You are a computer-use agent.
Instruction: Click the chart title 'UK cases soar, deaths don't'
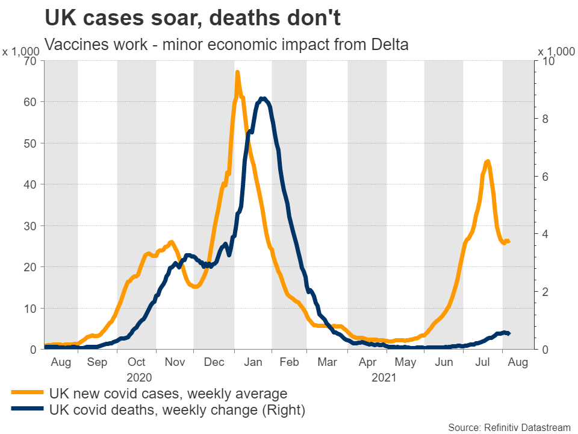tap(193, 18)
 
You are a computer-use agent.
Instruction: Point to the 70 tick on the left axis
tap(30, 61)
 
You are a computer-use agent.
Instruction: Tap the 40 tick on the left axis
tap(30, 184)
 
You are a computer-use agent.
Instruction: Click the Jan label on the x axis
tap(253, 363)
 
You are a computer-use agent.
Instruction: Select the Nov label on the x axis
tap(175, 363)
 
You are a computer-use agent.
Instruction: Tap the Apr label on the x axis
tap(367, 363)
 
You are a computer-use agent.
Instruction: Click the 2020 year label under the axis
tap(138, 377)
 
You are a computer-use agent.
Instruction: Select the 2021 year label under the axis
tap(384, 377)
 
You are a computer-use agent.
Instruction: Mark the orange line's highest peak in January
tap(237, 72)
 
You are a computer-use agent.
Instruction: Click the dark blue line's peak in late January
tap(263, 98)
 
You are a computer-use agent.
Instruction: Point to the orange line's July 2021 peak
tap(487, 161)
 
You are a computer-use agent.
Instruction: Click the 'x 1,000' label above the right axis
tap(556, 52)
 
